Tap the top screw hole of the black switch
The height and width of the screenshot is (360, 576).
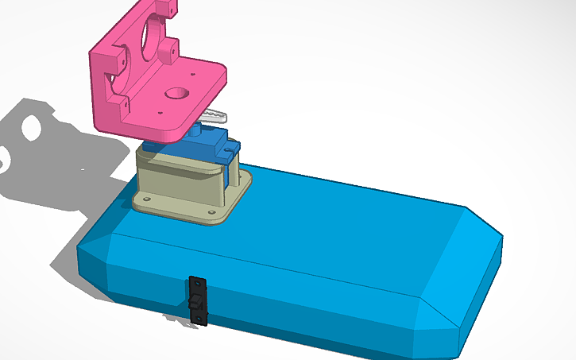[x=196, y=282]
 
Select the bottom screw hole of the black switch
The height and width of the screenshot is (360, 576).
[x=200, y=320]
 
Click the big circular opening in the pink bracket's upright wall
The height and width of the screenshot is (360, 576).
[x=148, y=41]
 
